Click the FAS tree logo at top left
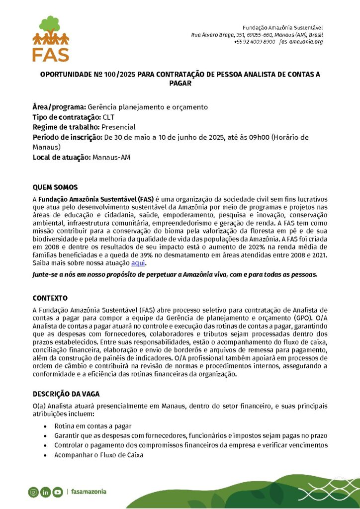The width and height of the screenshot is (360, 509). click(51, 38)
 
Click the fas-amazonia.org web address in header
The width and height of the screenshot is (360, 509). click(301, 42)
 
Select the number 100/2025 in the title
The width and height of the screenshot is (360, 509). click(116, 75)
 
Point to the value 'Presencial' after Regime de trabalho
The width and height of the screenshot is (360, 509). click(118, 127)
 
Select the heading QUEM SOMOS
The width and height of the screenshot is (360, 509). click(55, 187)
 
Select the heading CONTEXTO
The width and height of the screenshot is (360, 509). click(50, 298)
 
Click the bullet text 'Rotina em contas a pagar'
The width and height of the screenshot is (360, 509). click(93, 426)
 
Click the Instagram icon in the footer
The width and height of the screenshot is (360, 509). click(33, 492)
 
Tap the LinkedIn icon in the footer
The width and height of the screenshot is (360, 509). click(46, 492)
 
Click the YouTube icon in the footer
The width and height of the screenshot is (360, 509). click(58, 492)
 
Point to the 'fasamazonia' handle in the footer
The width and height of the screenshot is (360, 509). click(89, 492)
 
